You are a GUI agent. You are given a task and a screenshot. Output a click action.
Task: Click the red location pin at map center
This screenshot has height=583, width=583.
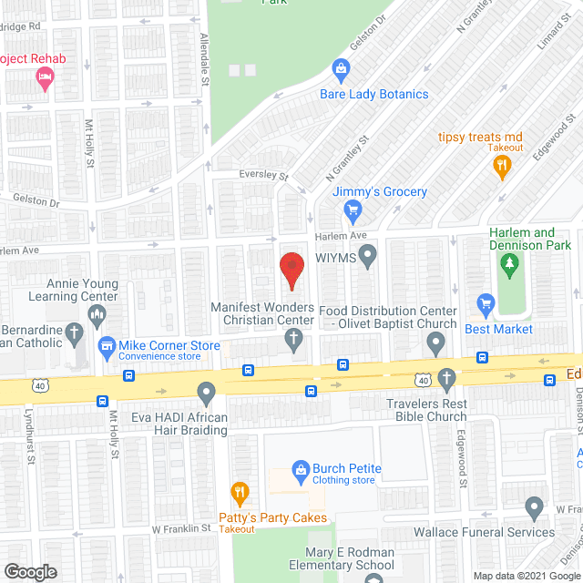click(x=291, y=269)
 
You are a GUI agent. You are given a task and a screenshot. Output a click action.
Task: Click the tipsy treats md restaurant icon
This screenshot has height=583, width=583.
click(x=501, y=167)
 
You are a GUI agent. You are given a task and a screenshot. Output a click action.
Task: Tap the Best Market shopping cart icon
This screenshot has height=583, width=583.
click(x=486, y=303)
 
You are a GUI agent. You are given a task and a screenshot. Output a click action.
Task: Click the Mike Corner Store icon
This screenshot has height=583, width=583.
click(x=107, y=345)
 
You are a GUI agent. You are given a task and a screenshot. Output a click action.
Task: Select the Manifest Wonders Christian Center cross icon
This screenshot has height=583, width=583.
click(x=293, y=340)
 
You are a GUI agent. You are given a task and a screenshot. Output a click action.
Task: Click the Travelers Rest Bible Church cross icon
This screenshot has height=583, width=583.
click(x=446, y=378)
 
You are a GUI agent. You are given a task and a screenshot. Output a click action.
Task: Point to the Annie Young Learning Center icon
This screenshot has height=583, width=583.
click(x=96, y=316)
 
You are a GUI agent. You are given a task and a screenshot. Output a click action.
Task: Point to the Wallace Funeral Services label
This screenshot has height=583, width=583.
click(x=484, y=532)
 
